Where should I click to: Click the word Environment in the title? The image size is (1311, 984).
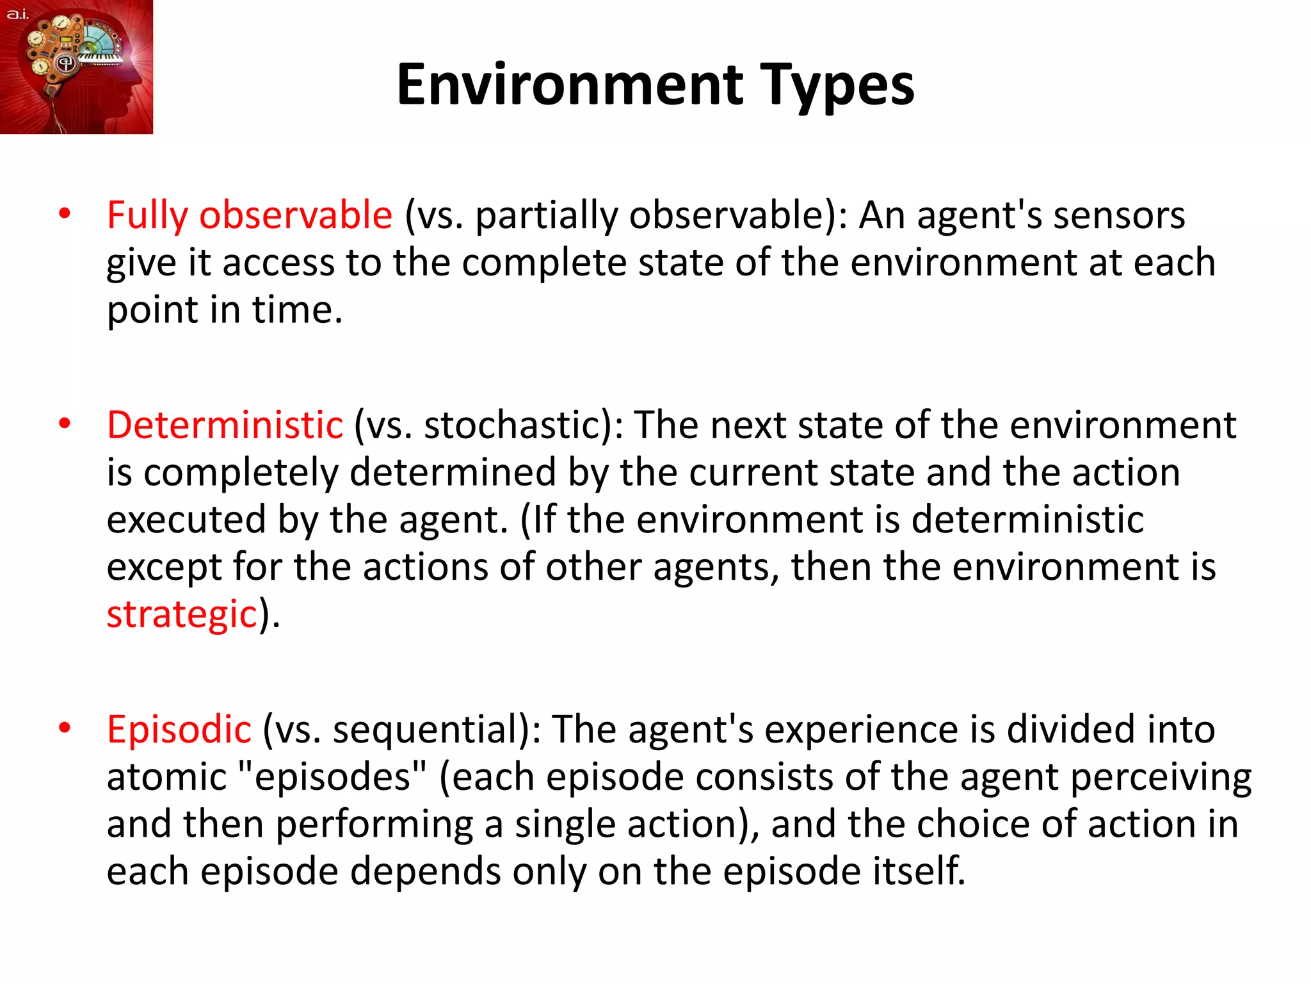pyautogui.click(x=570, y=85)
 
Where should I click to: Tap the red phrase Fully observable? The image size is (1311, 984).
pyautogui.click(x=249, y=215)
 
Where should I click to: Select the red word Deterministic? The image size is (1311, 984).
pyautogui.click(x=225, y=425)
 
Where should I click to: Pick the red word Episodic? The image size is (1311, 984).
pyautogui.click(x=179, y=729)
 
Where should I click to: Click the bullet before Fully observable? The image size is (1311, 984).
pyautogui.click(x=64, y=214)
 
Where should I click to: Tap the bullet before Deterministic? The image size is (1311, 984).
pyautogui.click(x=64, y=424)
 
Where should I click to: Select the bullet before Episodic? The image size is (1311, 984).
pyautogui.click(x=64, y=728)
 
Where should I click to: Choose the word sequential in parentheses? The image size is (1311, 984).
pyautogui.click(x=430, y=729)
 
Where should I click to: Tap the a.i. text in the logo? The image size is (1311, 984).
pyautogui.click(x=17, y=13)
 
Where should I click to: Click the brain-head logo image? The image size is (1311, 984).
pyautogui.click(x=77, y=67)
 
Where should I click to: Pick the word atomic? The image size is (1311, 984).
pyautogui.click(x=166, y=776)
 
